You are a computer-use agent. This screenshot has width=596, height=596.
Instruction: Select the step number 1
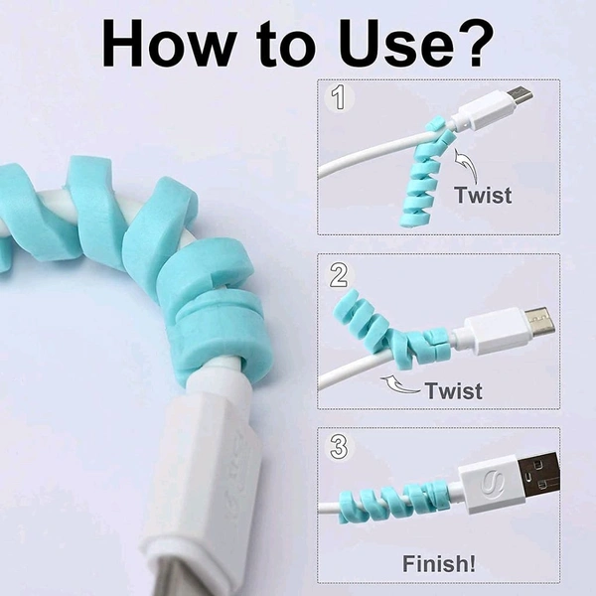click(339, 97)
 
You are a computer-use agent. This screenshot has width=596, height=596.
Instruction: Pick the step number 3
click(339, 446)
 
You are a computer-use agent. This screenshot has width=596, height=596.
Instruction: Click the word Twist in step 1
click(483, 195)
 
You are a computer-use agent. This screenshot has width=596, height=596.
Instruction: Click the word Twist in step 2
click(454, 390)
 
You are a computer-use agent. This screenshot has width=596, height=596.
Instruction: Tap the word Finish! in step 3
click(439, 563)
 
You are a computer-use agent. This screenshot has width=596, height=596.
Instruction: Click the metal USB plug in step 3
click(538, 473)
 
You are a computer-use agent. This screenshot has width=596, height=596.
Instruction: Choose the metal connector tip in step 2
click(539, 320)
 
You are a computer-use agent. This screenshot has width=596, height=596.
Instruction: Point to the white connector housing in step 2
click(494, 331)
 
